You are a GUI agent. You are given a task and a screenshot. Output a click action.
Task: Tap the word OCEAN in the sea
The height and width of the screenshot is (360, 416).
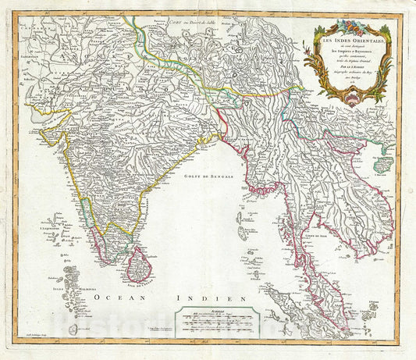pos(110,298)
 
